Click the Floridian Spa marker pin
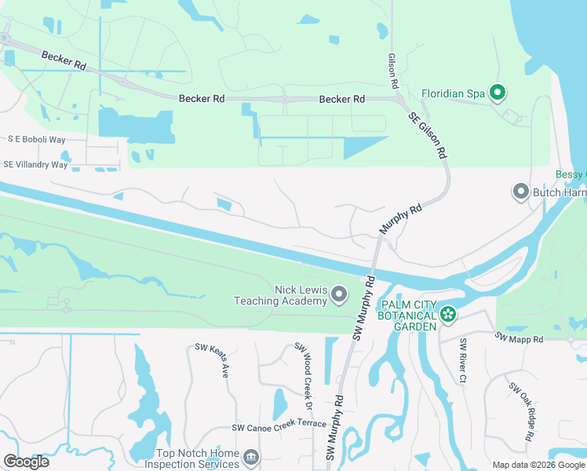pyautogui.click(x=497, y=93)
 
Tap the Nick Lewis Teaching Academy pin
pyautogui.click(x=339, y=294)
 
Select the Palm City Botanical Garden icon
pyautogui.click(x=447, y=315)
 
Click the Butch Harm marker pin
pyautogui.click(x=520, y=192)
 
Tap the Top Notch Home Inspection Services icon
pyautogui.click(x=250, y=457)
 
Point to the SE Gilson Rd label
pyautogui.click(x=428, y=135)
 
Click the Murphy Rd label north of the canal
pyautogui.click(x=401, y=220)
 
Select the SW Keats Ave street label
pyautogui.click(x=213, y=360)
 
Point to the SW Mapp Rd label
pyautogui.click(x=519, y=338)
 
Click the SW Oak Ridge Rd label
pyautogui.click(x=523, y=411)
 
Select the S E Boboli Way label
pyautogui.click(x=36, y=139)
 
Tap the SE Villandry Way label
pyautogui.click(x=35, y=165)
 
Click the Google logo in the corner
pyautogui.click(x=26, y=462)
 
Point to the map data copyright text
pyautogui.click(x=538, y=465)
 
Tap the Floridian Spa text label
pyautogui.click(x=454, y=93)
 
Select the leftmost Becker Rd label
pyautogui.click(x=64, y=61)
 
